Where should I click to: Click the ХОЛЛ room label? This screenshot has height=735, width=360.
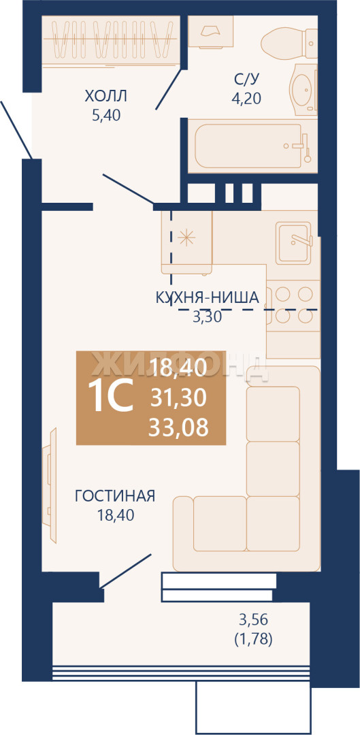106,97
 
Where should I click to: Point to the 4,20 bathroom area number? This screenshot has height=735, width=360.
246,98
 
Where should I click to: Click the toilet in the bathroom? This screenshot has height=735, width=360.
289,42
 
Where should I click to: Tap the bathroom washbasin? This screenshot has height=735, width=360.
305,89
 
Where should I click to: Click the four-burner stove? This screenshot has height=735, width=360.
293,305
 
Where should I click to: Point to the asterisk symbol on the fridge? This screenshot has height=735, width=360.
186,238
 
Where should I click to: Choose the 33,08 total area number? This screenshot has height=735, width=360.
178,427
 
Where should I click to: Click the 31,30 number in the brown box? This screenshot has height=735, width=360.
178,398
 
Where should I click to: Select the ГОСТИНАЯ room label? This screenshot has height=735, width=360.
115,496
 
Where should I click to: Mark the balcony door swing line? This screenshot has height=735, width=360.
126,571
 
